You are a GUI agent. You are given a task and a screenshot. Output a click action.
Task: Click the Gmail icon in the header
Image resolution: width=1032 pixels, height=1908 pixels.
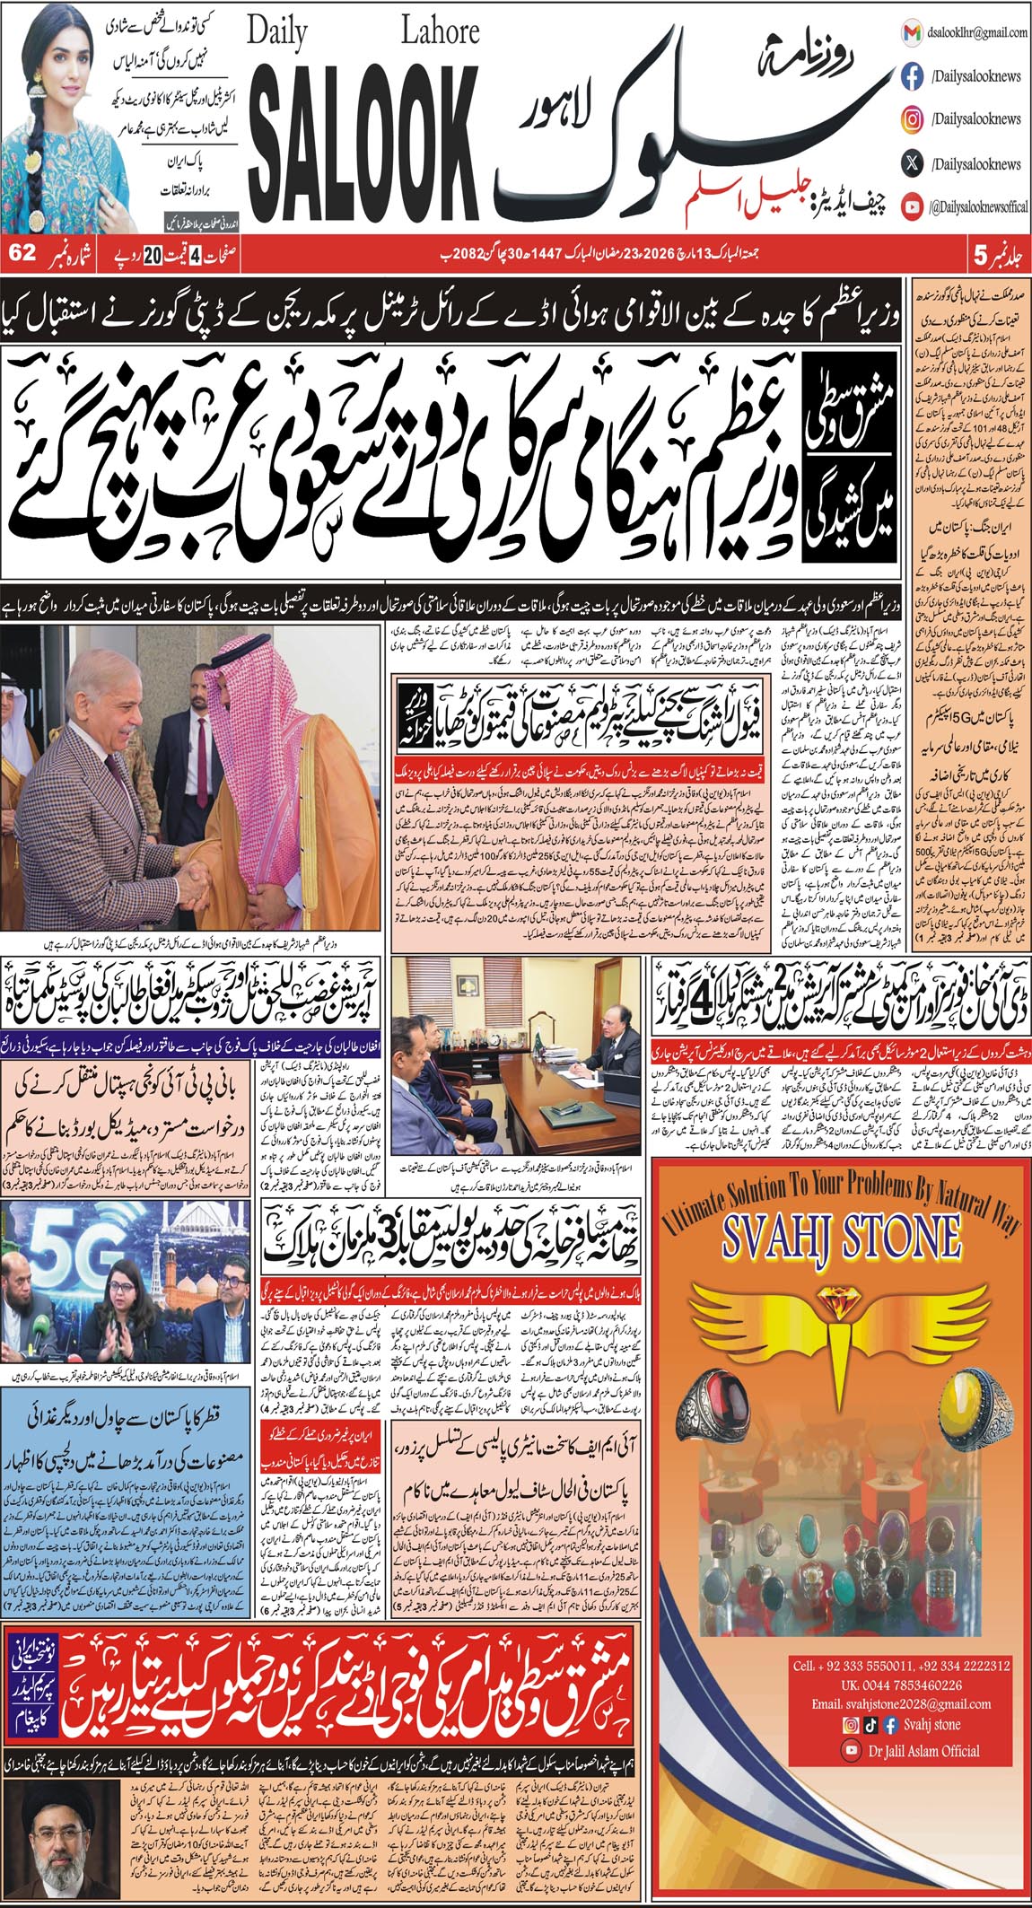(x=912, y=33)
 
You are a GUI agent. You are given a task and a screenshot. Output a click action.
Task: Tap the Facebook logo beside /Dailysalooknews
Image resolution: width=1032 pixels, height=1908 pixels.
(x=912, y=77)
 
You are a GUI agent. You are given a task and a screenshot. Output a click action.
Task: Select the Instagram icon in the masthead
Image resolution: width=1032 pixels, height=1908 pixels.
(x=912, y=119)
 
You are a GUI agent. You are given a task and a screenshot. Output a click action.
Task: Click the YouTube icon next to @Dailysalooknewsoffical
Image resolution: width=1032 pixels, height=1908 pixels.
(x=912, y=207)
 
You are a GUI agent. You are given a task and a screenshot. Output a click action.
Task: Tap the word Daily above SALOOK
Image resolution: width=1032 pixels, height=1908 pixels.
(x=278, y=34)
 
